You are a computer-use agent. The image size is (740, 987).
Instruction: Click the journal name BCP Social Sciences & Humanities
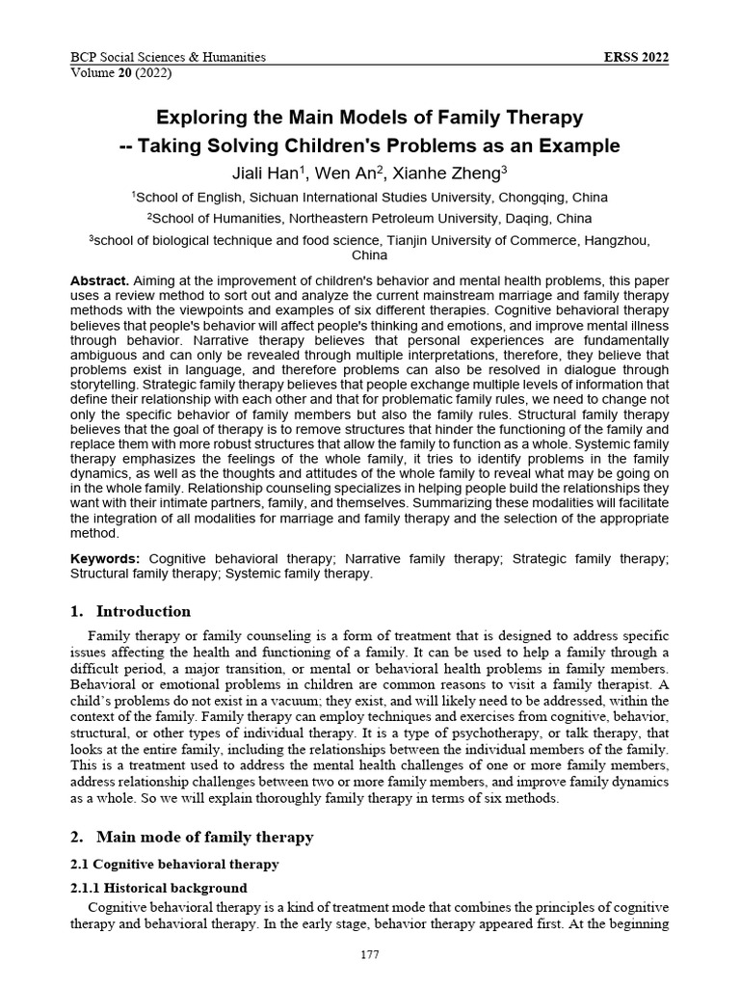tap(169, 58)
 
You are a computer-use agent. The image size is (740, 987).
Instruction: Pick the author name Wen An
tap(357, 173)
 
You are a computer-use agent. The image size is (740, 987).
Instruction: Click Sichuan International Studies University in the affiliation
tap(389, 198)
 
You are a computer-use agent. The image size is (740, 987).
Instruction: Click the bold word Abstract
tap(100, 280)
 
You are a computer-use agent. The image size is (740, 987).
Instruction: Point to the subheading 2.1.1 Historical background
tap(159, 888)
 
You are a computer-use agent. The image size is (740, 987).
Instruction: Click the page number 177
tap(370, 955)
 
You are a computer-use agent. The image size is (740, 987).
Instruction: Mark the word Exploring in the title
tap(202, 119)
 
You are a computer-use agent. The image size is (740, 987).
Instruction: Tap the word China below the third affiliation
tap(370, 255)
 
